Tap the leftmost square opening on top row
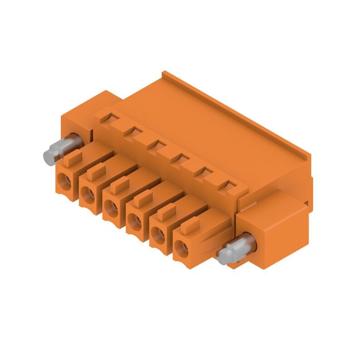pyautogui.click(x=110, y=119)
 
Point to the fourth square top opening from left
pyautogui.click(x=180, y=158)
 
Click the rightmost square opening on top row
pyautogui.click(x=226, y=185)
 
